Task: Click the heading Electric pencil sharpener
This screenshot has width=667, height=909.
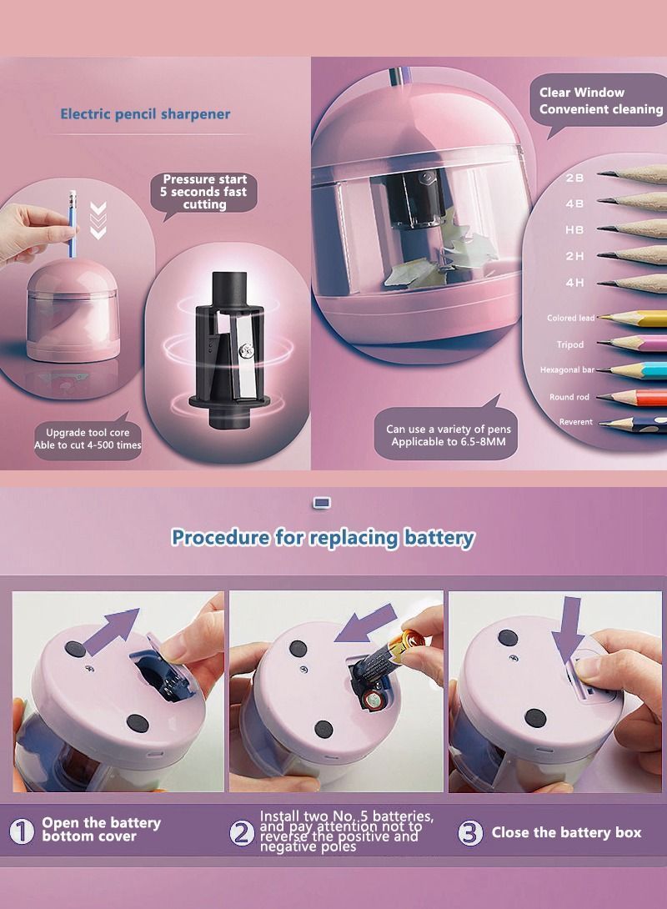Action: (145, 114)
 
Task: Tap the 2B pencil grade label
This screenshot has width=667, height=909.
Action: (574, 178)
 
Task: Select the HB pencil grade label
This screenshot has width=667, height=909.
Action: (574, 230)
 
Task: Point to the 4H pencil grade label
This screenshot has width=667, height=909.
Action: (574, 283)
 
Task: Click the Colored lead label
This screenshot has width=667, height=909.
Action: (570, 318)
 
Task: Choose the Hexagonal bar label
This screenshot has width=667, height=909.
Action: (567, 369)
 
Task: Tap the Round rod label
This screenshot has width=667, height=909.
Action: (569, 397)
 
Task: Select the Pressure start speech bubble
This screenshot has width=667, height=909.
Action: (204, 192)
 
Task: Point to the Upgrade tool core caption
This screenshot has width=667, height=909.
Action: (88, 439)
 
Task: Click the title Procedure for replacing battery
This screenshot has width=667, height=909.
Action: (323, 537)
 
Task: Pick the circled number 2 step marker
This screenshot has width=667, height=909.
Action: (242, 831)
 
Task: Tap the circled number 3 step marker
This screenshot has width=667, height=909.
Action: (471, 831)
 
